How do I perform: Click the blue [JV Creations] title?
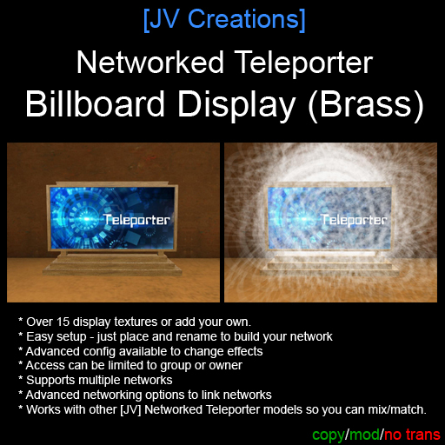click(x=224, y=20)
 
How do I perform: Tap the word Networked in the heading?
click(x=150, y=63)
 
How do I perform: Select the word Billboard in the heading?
click(x=95, y=103)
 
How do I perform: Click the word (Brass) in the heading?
click(x=366, y=105)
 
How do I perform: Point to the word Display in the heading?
click(x=236, y=105)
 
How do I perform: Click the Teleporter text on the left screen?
click(x=136, y=220)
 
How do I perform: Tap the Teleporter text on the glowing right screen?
click(x=354, y=220)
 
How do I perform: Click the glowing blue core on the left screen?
click(x=86, y=219)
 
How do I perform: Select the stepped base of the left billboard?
click(x=112, y=264)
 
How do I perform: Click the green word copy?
click(x=329, y=435)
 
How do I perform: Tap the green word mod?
click(x=364, y=435)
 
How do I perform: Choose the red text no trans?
click(x=412, y=435)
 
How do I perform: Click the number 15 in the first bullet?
click(x=63, y=322)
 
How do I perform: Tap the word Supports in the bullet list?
click(x=50, y=381)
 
